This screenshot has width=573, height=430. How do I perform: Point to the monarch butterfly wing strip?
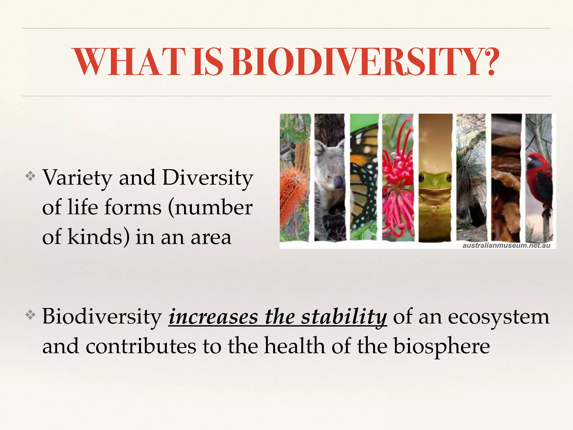[364, 179]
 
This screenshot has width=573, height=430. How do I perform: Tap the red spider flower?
[397, 174]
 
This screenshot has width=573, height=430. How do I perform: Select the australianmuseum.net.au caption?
[506, 246]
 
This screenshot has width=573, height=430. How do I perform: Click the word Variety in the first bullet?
[77, 178]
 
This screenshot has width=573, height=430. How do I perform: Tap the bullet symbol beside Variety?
[30, 176]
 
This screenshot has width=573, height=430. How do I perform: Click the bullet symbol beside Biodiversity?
[30, 315]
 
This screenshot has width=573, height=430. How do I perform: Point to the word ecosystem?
[499, 317]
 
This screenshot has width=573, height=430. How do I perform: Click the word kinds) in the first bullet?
[98, 237]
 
